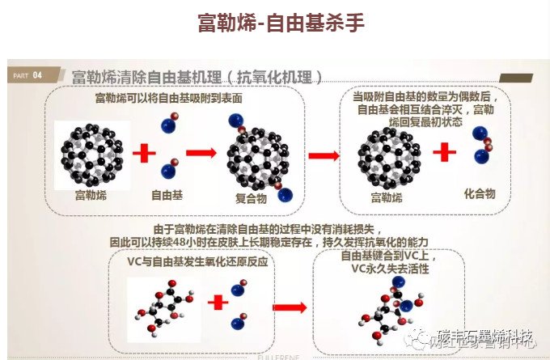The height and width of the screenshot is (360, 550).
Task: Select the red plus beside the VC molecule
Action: [218, 303]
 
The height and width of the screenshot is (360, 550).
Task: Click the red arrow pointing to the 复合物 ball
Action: [203, 151]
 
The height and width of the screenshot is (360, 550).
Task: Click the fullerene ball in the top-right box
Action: [386, 153]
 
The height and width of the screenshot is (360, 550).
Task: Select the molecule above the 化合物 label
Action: [483, 149]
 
